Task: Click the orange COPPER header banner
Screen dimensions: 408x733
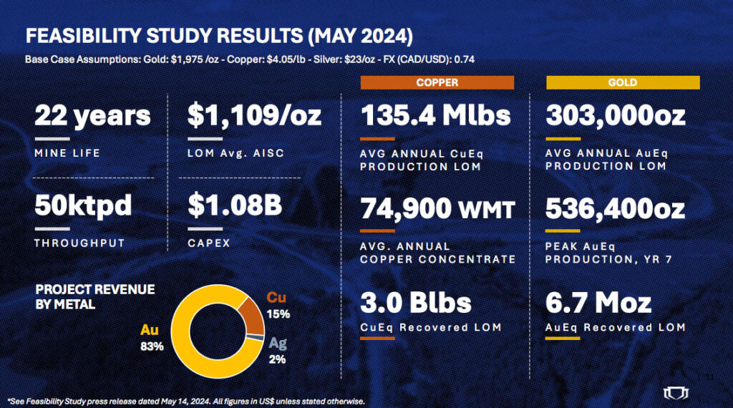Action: point(437,83)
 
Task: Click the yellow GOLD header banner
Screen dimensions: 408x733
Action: point(622,83)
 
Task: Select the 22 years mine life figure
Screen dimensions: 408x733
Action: point(92,115)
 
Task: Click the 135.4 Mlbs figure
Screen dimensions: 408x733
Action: point(435,115)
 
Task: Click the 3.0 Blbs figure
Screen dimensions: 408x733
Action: point(415,302)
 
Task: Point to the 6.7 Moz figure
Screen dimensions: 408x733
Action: point(598,302)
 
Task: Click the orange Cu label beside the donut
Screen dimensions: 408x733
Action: point(276,297)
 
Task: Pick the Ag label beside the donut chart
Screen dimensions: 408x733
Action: point(278,343)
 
